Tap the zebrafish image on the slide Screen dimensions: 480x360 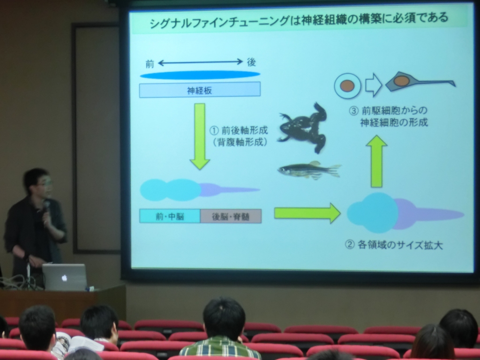309,170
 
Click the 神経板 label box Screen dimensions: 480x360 200,90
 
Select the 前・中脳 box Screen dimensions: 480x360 170,217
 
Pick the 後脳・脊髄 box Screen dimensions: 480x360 231,217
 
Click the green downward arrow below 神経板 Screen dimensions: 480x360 200,136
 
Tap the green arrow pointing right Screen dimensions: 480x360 307,213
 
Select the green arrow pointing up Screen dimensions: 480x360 376,161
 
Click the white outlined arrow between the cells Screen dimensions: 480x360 374,85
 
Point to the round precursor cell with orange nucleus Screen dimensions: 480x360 347,86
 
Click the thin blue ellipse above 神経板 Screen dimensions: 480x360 200,75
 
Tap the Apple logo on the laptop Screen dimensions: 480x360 64,278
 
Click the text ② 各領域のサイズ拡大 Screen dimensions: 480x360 394,245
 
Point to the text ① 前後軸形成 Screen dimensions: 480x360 239,131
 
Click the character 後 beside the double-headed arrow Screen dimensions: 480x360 251,62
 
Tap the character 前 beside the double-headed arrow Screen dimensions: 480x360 150,64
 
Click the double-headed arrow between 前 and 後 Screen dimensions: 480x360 201,62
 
